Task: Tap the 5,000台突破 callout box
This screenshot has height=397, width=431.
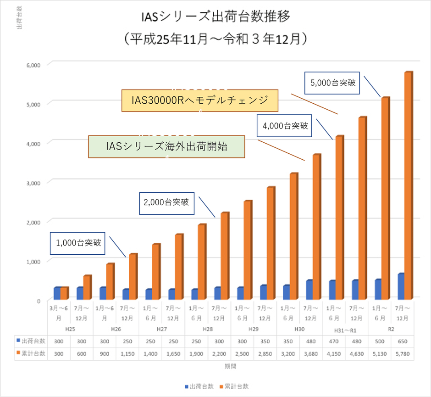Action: (333, 83)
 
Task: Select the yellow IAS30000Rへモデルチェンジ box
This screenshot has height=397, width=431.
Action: (200, 101)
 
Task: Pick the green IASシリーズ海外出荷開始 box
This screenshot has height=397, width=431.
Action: (166, 147)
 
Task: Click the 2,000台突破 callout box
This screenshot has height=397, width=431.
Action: (167, 202)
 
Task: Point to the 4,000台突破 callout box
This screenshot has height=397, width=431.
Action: (285, 125)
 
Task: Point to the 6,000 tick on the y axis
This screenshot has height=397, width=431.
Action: (33, 65)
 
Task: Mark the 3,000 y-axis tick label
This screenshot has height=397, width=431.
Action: (33, 183)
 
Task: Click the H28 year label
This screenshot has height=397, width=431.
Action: (208, 329)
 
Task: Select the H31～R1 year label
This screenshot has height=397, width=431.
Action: (346, 330)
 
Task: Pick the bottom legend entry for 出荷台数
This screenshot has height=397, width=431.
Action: (198, 386)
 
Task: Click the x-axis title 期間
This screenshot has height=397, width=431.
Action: (231, 367)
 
